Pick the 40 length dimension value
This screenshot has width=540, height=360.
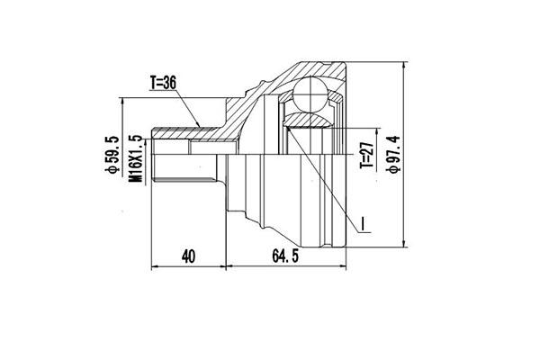(x=188, y=256)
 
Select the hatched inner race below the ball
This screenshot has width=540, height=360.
(x=308, y=118)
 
